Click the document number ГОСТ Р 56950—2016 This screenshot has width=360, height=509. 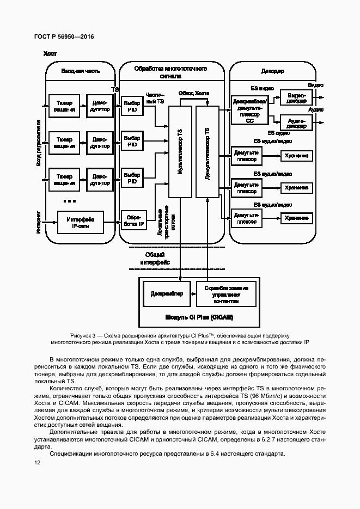(x=64, y=36)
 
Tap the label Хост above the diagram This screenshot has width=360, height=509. (x=50, y=54)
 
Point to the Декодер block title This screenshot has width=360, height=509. (x=272, y=71)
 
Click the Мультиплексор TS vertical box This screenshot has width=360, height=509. (x=180, y=152)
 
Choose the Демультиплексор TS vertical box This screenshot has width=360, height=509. (x=207, y=152)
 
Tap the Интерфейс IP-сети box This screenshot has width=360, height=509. (x=80, y=222)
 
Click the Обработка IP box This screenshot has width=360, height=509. (x=132, y=220)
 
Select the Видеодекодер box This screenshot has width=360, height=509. (x=296, y=98)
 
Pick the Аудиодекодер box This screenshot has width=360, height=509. (x=296, y=122)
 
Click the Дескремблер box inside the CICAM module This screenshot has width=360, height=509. (x=167, y=294)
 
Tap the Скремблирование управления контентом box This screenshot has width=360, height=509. (x=226, y=294)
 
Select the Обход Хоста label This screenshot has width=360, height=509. (x=194, y=93)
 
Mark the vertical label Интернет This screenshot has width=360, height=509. (x=39, y=222)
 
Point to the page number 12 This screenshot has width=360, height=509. (x=37, y=462)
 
